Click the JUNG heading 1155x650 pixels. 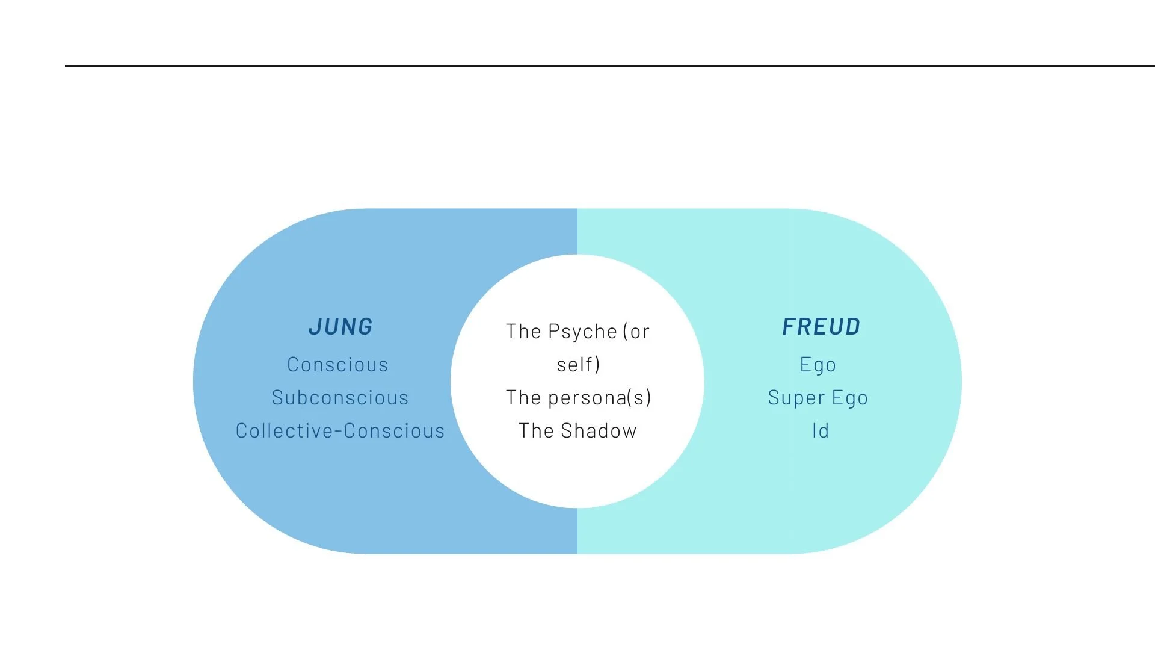point(340,327)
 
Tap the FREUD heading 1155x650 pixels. point(821,327)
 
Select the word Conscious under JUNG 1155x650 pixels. point(337,365)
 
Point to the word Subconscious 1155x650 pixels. point(340,398)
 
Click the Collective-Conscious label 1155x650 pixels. point(340,431)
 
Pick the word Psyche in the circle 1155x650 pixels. point(582,332)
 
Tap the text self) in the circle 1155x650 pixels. point(578,365)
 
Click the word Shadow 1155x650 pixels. point(599,431)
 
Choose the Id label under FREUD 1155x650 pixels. point(821,431)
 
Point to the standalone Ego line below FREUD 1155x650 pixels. point(818,365)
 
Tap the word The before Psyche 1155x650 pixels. point(523,332)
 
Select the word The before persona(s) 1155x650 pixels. point(523,398)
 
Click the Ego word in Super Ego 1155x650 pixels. point(850,398)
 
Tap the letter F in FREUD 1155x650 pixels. point(789,327)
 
